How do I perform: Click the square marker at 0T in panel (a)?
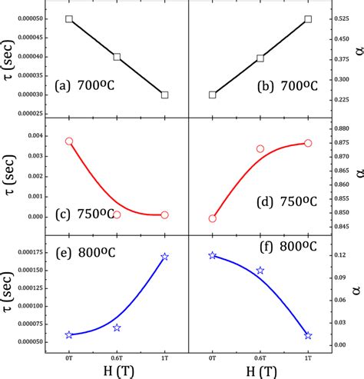pos(69,18)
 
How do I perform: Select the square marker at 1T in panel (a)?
pos(164,95)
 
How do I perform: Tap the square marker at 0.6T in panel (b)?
pos(260,58)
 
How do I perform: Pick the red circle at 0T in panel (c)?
pos(69,141)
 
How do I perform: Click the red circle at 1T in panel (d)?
pos(308,143)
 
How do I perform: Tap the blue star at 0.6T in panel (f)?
pos(260,271)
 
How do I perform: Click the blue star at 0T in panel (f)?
pos(213,255)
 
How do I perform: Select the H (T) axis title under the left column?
pos(117,370)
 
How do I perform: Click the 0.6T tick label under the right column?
pos(260,354)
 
